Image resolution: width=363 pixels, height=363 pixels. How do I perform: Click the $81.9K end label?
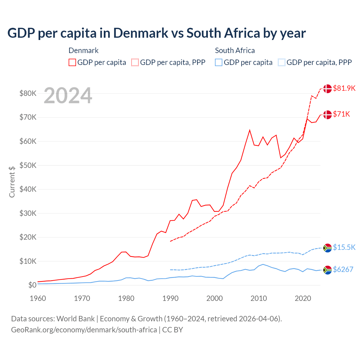[x=344, y=88]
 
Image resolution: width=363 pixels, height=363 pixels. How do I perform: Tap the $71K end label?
[x=341, y=114]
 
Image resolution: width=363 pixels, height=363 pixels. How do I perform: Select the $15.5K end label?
[x=344, y=247]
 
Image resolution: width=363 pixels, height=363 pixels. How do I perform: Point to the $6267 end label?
[x=343, y=269]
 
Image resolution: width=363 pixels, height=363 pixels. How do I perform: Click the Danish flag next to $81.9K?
[x=328, y=88]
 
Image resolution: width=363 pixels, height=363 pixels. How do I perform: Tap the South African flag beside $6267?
[x=328, y=270]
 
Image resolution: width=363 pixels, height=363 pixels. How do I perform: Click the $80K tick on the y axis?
[x=28, y=93]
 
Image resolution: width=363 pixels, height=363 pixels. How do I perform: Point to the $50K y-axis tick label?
[x=28, y=165]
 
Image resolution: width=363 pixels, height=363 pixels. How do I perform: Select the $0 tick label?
[x=32, y=285]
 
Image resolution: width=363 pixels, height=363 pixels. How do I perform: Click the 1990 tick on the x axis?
[x=170, y=298]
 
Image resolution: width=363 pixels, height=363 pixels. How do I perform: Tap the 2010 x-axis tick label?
[x=259, y=298]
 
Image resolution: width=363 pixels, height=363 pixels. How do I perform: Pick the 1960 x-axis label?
[x=38, y=298]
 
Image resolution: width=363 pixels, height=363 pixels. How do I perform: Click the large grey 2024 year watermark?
[x=68, y=96]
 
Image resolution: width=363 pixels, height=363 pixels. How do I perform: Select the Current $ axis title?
[x=12, y=182]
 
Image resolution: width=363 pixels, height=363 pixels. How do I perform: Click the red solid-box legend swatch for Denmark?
[x=72, y=62]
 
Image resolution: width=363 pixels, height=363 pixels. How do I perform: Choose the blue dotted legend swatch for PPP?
[x=282, y=62]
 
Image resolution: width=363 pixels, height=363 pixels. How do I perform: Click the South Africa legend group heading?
[x=235, y=50]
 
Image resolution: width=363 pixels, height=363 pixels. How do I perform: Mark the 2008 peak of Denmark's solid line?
[x=250, y=130]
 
